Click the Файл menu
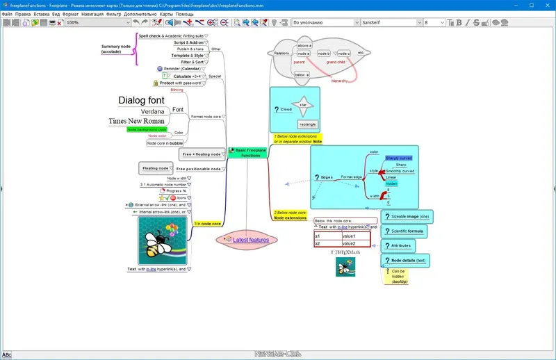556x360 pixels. [x=8, y=14]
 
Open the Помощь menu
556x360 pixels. [x=184, y=14]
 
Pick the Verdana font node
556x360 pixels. [x=152, y=111]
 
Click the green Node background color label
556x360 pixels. [x=147, y=129]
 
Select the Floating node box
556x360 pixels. [x=155, y=168]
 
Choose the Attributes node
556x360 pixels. [x=402, y=245]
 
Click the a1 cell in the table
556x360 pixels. [x=327, y=236]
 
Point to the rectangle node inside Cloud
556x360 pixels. [x=307, y=124]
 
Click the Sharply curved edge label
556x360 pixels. [x=399, y=158]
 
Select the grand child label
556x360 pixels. [x=336, y=62]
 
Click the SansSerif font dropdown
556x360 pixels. [x=391, y=22]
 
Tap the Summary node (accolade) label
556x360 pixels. [x=115, y=49]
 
